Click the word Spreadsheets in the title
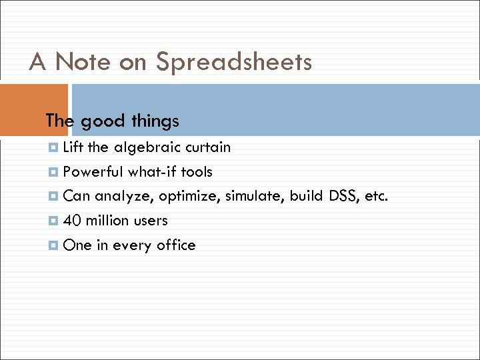[233, 63]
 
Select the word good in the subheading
[102, 121]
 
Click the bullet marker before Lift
[53, 147]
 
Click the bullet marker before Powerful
[53, 172]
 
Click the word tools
[197, 172]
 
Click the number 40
[71, 221]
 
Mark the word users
[151, 221]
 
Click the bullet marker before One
[53, 245]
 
